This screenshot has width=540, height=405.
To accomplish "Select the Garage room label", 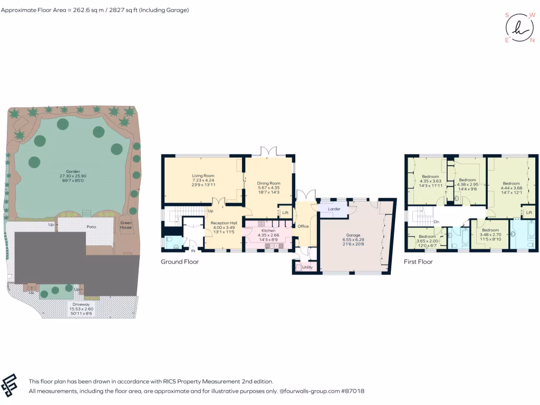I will click(353, 235).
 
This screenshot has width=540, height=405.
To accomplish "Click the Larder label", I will click(334, 209).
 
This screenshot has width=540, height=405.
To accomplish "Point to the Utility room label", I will click(307, 267).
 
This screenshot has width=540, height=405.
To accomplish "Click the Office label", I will click(303, 226).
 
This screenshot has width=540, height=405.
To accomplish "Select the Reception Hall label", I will click(224, 223).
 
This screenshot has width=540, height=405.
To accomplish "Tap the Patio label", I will click(92, 227).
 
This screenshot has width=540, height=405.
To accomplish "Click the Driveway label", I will click(81, 304).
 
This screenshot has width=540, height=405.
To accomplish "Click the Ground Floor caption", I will click(180, 262).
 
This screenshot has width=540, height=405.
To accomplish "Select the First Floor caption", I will click(418, 262).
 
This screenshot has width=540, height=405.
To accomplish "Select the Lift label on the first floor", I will click(529, 212).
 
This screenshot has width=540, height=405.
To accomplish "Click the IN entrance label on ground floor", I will click(193, 251).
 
